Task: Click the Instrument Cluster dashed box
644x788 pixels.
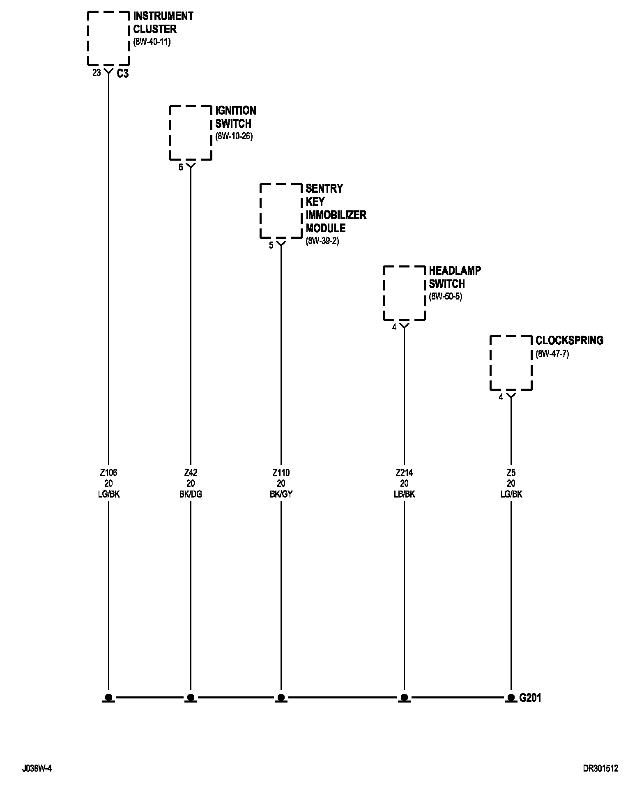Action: coord(109,38)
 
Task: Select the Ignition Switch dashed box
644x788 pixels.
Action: coord(191,133)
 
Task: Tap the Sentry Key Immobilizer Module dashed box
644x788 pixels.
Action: coord(281,211)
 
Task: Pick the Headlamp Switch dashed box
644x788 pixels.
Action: coord(404,293)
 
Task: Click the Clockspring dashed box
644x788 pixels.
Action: coord(511,363)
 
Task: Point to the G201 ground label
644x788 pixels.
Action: coord(530,698)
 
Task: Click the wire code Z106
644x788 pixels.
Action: coord(108,473)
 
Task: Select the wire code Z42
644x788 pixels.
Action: coord(191,473)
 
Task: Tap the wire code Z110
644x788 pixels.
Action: coord(281,473)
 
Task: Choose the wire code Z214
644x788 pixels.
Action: coord(404,473)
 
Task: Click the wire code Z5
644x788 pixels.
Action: coord(511,473)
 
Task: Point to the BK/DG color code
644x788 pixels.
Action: coord(191,494)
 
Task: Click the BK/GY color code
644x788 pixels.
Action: coord(281,494)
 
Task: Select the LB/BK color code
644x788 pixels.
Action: coord(404,494)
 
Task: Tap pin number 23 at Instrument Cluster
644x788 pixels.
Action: coord(97,73)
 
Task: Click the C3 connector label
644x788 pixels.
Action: coord(122,74)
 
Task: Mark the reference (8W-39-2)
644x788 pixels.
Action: coord(322,241)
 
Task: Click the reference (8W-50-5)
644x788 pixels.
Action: coord(446,297)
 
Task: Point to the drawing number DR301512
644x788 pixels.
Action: coord(600,768)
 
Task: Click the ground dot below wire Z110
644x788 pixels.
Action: coord(281,697)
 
